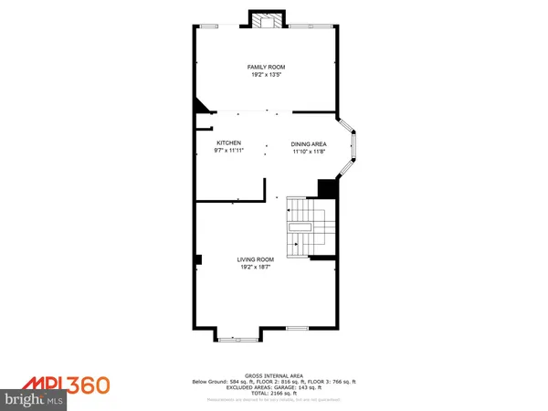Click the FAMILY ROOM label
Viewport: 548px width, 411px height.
click(x=267, y=67)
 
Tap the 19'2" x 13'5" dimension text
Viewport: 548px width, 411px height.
click(x=267, y=75)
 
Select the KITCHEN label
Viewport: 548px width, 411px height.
click(x=228, y=143)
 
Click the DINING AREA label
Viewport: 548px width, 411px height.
click(x=309, y=144)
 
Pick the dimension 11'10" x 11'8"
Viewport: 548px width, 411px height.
click(x=309, y=152)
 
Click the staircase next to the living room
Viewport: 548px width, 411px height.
click(x=305, y=228)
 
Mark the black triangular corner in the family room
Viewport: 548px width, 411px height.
click(x=199, y=109)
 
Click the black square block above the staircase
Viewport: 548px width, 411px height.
click(x=327, y=188)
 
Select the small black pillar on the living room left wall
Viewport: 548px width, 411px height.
click(x=197, y=260)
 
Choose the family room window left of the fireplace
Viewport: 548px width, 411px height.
click(x=210, y=26)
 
